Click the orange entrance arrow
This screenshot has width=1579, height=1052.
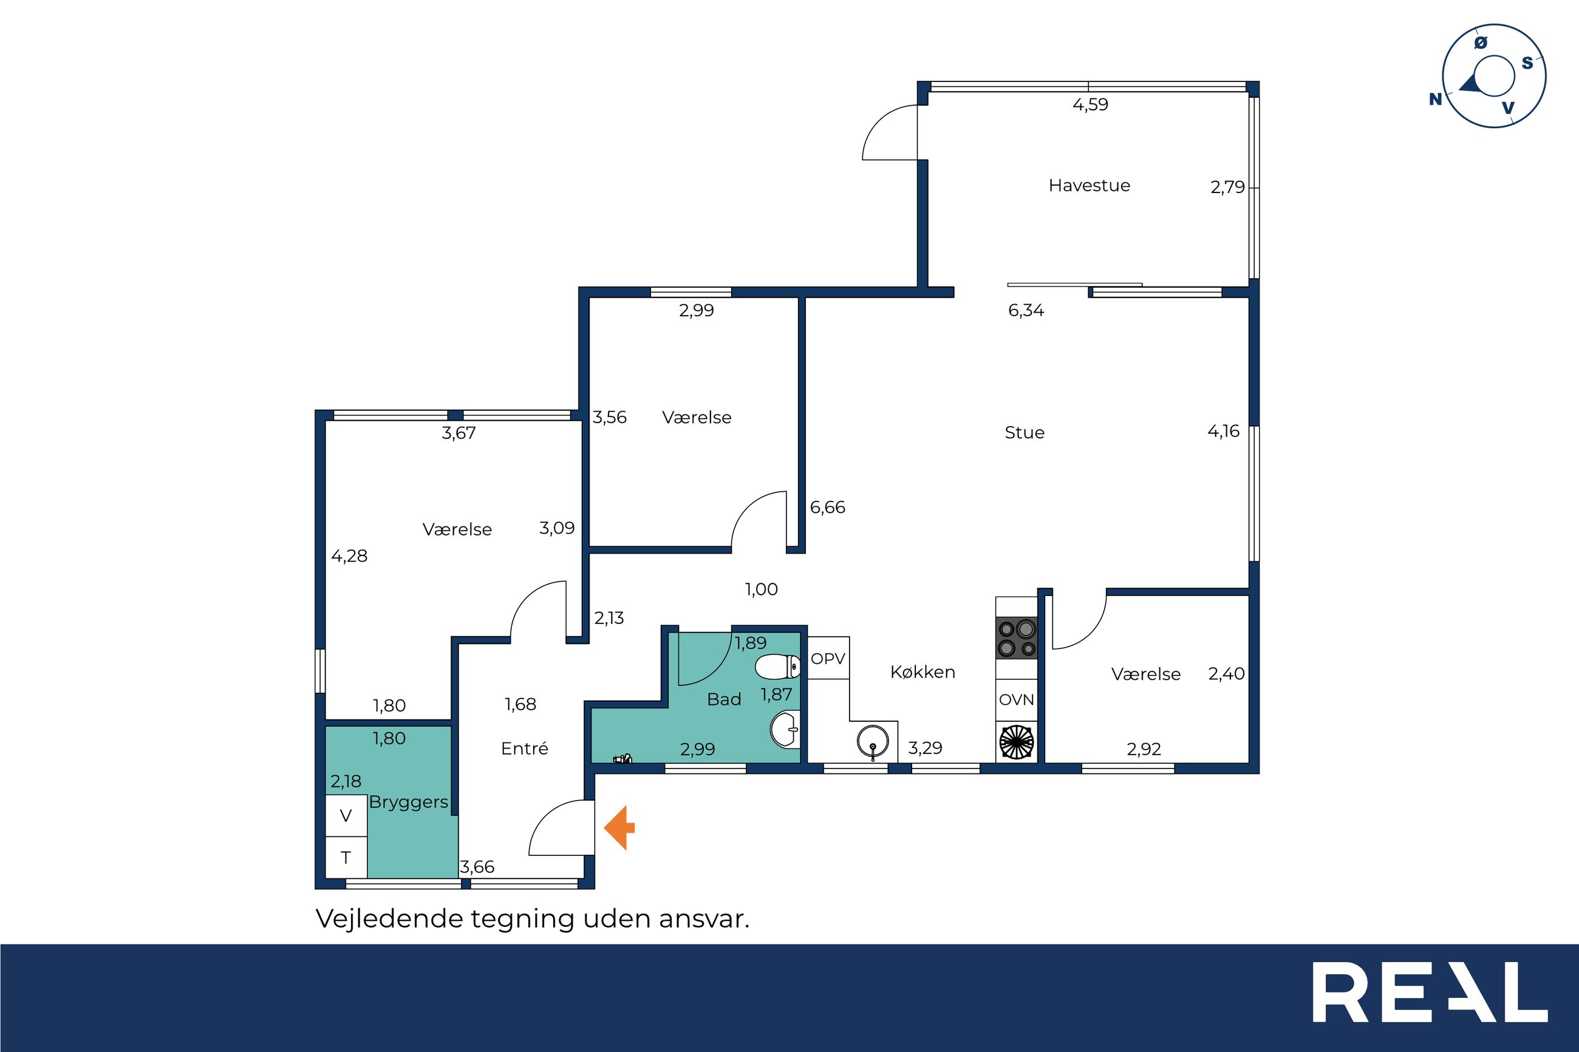click(x=619, y=828)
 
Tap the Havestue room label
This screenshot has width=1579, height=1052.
click(x=1089, y=185)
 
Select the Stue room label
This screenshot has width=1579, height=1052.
click(x=1025, y=433)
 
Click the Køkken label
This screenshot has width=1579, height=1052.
click(x=923, y=672)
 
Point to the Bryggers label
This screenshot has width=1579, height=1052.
click(x=409, y=803)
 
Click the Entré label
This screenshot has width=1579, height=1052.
click(x=525, y=748)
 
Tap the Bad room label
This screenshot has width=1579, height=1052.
click(x=724, y=699)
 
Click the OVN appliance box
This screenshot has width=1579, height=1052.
click(x=1017, y=700)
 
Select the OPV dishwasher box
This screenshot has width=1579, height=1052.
click(x=828, y=658)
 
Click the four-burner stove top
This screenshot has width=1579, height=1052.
click(x=1017, y=638)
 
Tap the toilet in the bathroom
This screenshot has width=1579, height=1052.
click(x=778, y=667)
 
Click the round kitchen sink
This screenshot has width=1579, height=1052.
click(x=872, y=742)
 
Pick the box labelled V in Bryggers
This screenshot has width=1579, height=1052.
click(x=346, y=816)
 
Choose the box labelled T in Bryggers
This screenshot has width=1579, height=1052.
click(x=346, y=857)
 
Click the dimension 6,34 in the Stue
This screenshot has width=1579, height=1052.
click(x=1026, y=311)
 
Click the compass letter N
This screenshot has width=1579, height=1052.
click(x=1436, y=100)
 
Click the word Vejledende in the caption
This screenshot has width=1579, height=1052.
click(x=389, y=918)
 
